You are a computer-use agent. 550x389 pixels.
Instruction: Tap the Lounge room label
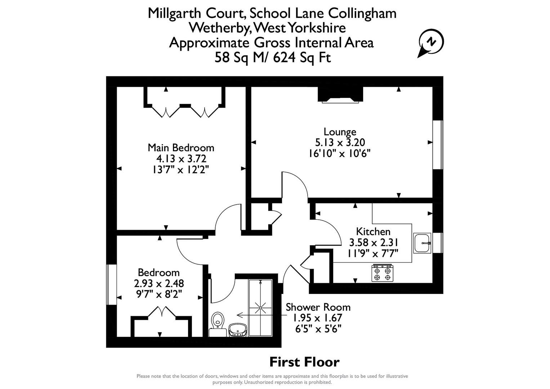pos(340,132)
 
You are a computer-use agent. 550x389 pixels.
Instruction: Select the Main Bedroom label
pos(181,148)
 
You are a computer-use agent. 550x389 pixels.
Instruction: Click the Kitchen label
pos(373,231)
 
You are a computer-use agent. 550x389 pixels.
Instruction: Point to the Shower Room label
pos(318,307)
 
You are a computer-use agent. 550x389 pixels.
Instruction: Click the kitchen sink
pos(422,243)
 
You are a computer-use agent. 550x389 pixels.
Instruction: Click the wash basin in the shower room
pos(238,329)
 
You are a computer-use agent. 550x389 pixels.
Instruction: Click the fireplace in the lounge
pos(340,96)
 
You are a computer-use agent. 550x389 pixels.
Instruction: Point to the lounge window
pos(438,144)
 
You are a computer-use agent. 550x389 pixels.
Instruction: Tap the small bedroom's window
pos(112,285)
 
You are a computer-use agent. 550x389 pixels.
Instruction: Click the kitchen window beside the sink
pos(438,243)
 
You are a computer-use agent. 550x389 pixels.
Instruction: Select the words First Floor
pos(304,362)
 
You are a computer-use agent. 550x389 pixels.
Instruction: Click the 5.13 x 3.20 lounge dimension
pos(340,143)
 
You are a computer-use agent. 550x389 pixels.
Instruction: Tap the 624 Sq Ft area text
pos(302,58)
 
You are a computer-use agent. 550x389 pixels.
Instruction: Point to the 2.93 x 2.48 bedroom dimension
pos(159,283)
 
